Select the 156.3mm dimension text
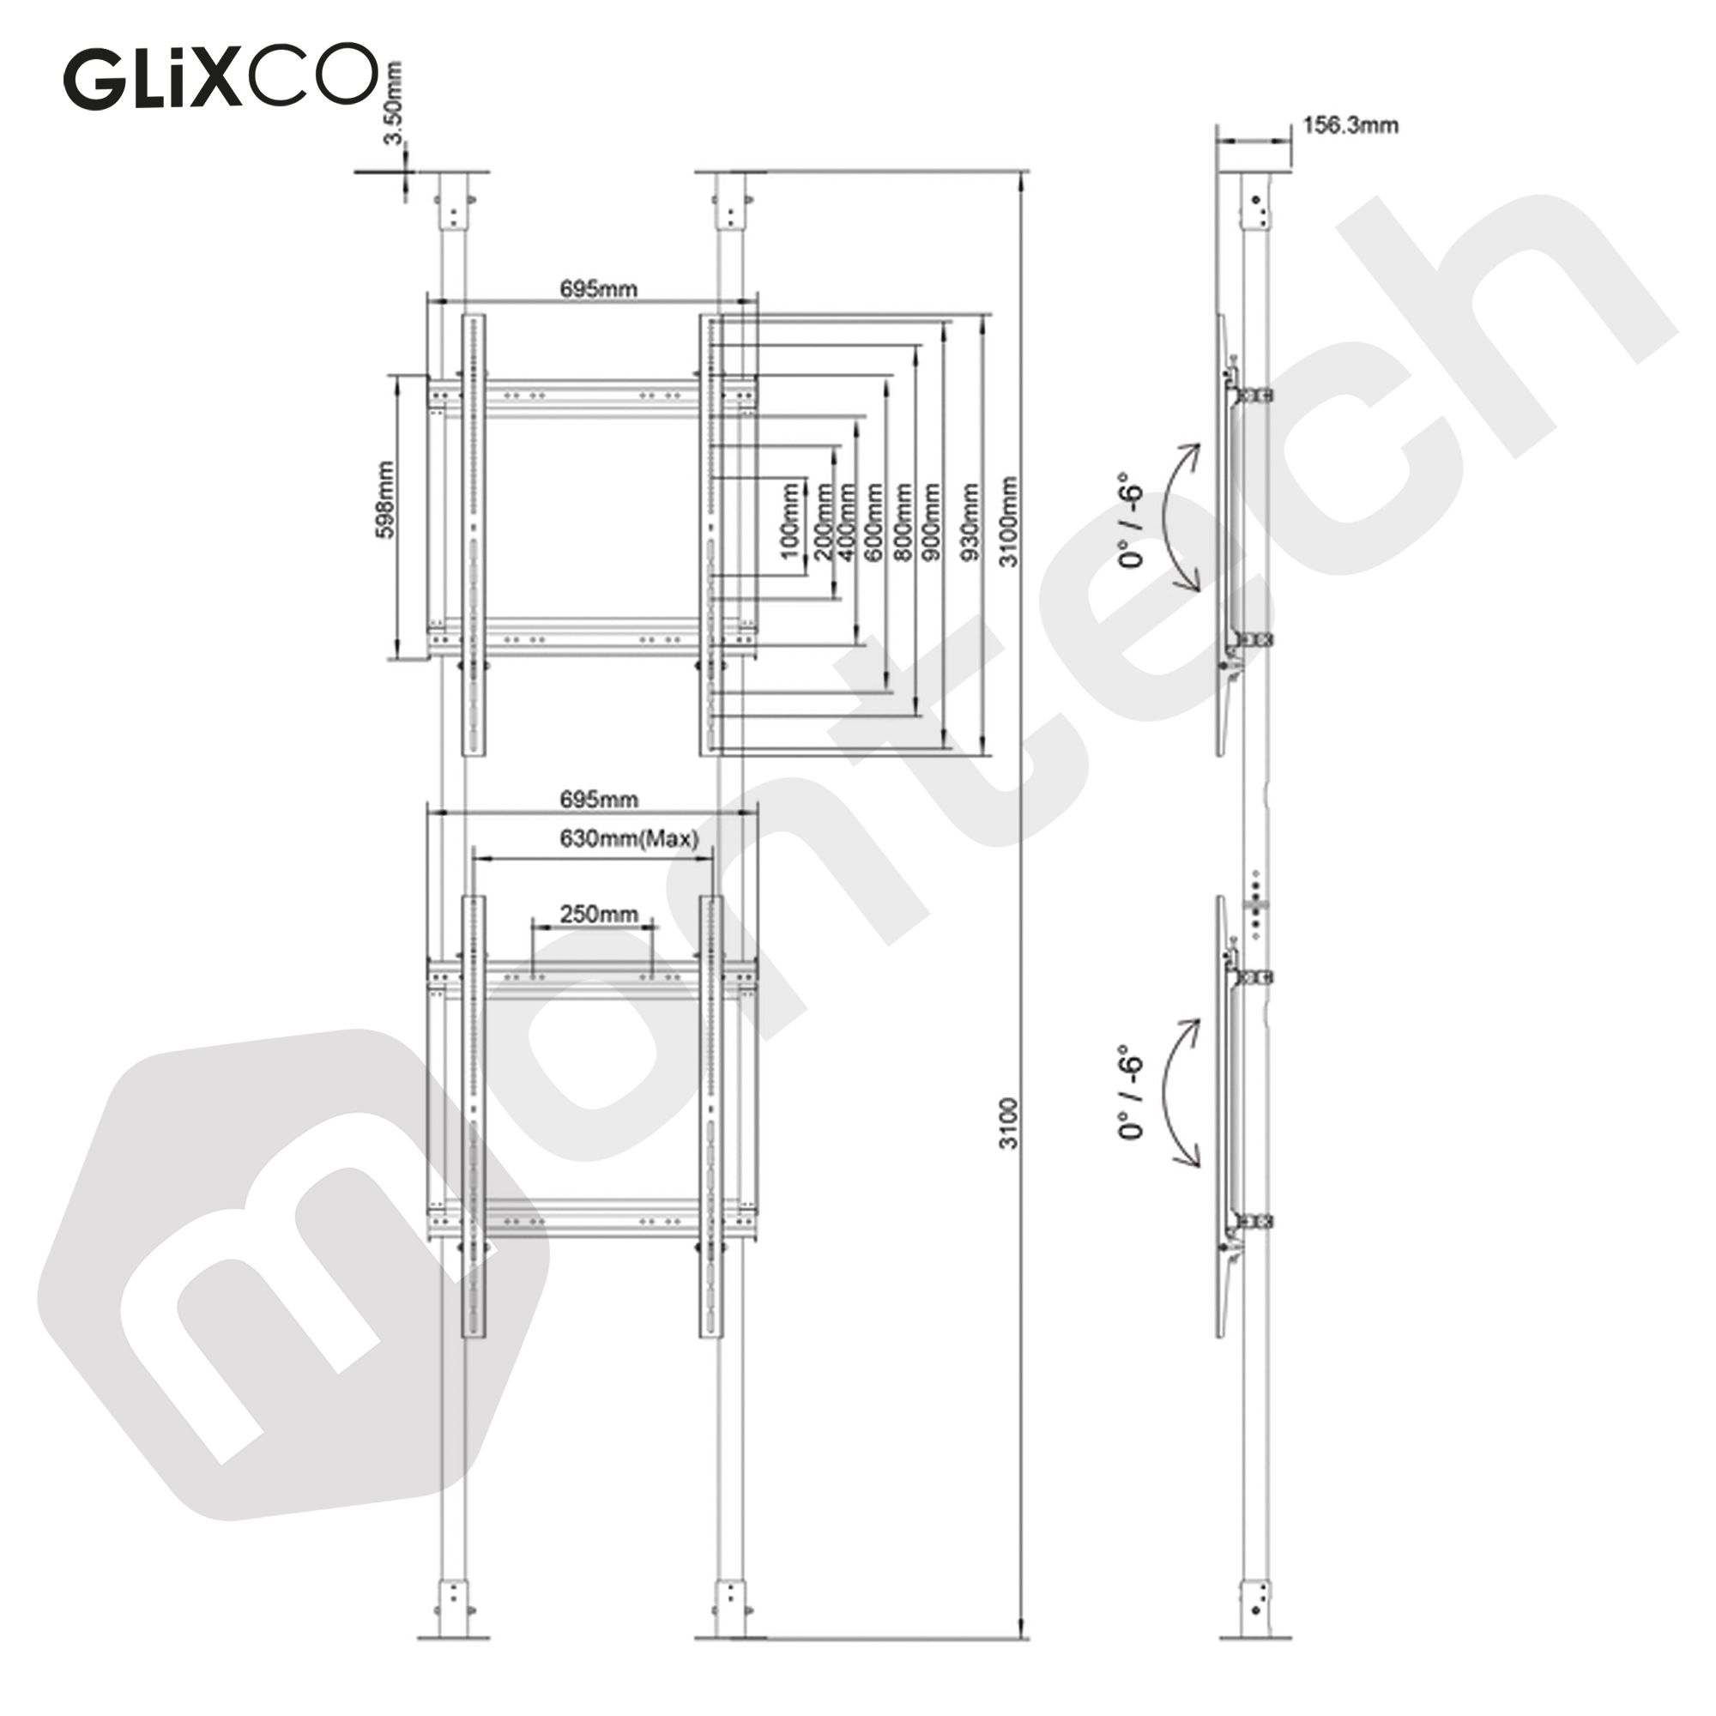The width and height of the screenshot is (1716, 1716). (1350, 125)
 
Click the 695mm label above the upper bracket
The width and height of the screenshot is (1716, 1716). (598, 288)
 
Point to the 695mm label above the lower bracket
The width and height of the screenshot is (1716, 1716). (598, 800)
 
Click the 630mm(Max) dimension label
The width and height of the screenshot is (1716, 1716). (629, 838)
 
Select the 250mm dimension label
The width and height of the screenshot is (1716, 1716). (598, 914)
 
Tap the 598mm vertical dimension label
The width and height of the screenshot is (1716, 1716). (385, 499)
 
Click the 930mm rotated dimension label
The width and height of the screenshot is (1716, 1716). (970, 522)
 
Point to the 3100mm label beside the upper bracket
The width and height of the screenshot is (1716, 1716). (1009, 522)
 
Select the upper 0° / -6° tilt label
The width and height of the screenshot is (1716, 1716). (1131, 521)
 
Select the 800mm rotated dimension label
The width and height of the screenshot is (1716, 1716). (903, 522)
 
